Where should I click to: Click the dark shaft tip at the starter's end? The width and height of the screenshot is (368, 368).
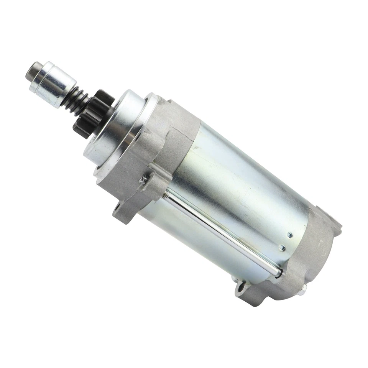pyautogui.click(x=31, y=71)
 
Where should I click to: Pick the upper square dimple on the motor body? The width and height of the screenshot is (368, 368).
pyautogui.click(x=289, y=235)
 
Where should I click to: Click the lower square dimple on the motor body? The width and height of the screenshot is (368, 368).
pyautogui.click(x=283, y=248)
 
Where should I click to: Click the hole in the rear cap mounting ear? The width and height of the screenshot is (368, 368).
pyautogui.click(x=242, y=286)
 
